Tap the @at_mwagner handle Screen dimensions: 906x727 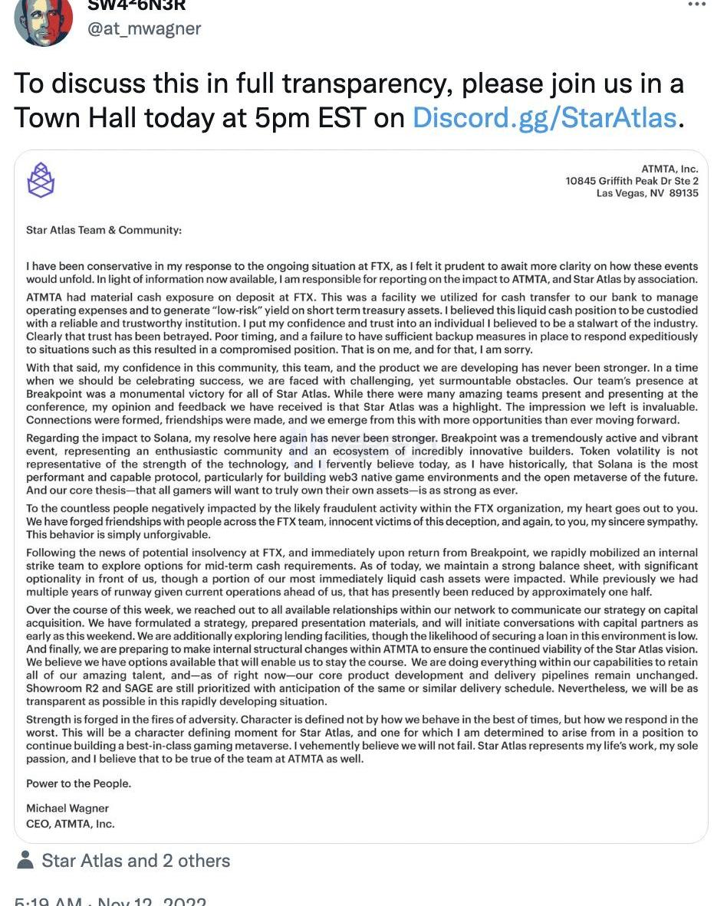point(144,28)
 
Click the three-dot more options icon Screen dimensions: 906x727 point(696,4)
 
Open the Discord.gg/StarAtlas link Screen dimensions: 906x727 point(544,118)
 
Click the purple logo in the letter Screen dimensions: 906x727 point(41,180)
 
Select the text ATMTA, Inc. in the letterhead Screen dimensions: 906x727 point(669,169)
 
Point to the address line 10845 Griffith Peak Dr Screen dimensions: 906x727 point(632,181)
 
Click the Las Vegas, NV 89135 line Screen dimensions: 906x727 point(647,193)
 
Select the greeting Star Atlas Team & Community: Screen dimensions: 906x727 point(104,230)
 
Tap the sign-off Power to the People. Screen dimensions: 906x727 point(78,783)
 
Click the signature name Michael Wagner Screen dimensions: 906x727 point(67,808)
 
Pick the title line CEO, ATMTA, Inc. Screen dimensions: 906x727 point(70,823)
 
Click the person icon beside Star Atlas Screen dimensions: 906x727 point(25,860)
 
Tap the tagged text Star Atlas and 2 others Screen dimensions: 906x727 point(136,861)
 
